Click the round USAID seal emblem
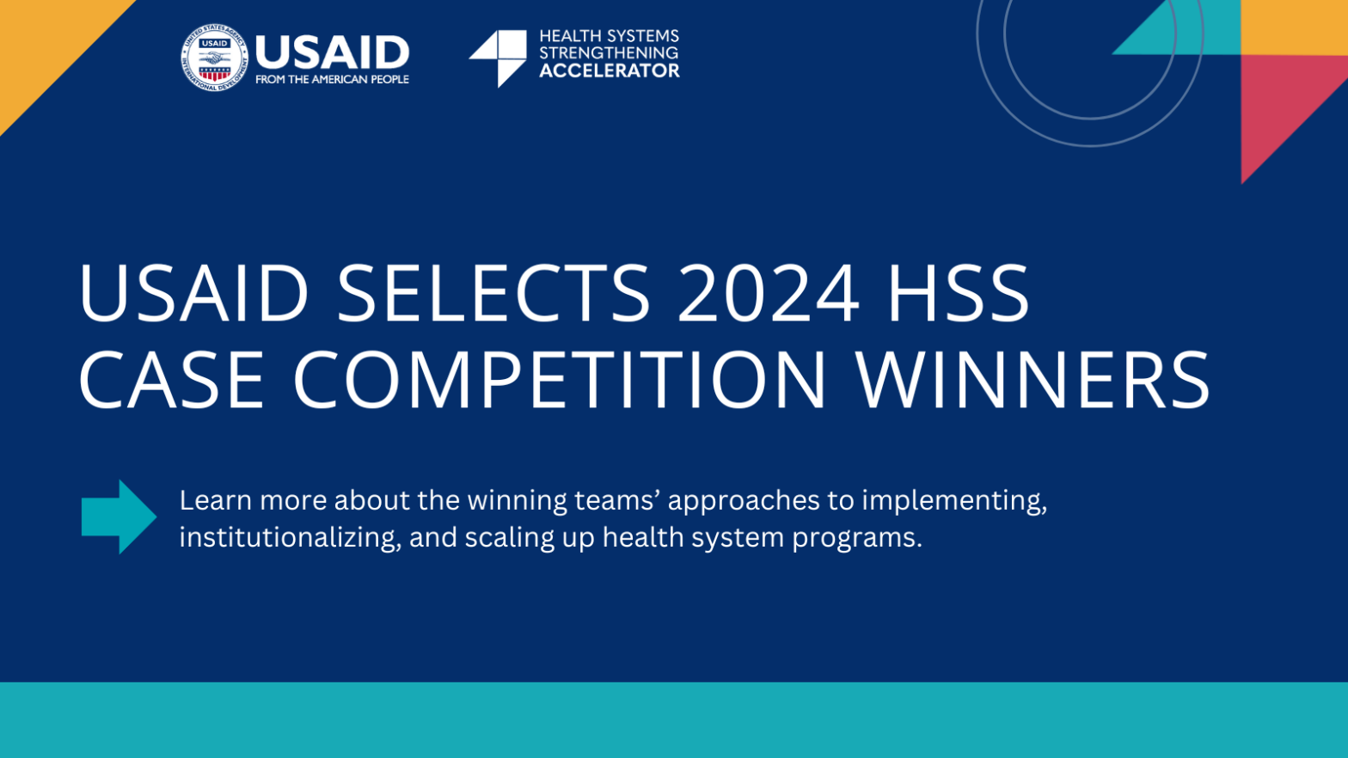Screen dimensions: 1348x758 pyautogui.click(x=214, y=58)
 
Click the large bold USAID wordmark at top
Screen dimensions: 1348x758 pyautogui.click(x=333, y=52)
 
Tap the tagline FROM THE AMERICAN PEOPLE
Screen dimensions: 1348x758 pyautogui.click(x=332, y=79)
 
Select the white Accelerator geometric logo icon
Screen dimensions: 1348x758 pyautogui.click(x=498, y=58)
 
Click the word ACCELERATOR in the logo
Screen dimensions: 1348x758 pyautogui.click(x=610, y=70)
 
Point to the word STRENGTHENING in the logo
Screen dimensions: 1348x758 pyautogui.click(x=609, y=53)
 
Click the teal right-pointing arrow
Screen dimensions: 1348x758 pyautogui.click(x=119, y=517)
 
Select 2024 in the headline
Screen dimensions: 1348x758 pyautogui.click(x=768, y=293)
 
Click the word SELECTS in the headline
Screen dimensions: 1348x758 pyautogui.click(x=493, y=293)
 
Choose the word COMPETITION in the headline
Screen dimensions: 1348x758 pyautogui.click(x=559, y=380)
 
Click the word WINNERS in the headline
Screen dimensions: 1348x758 pyautogui.click(x=1032, y=380)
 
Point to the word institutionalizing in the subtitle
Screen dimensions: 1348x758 pyautogui.click(x=290, y=537)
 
